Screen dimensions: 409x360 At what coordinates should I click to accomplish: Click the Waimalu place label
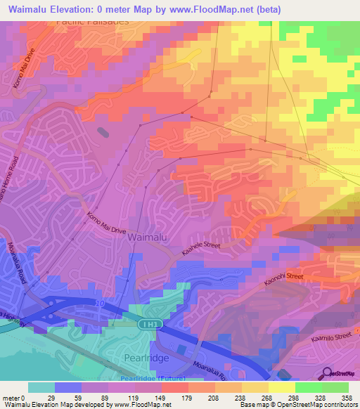146,238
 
